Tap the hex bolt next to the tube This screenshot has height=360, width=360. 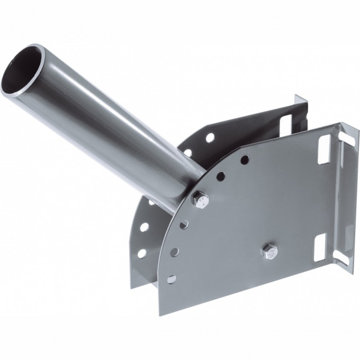tap(200, 200)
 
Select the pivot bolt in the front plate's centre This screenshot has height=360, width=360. tap(269, 251)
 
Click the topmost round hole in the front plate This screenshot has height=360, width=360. tap(245, 159)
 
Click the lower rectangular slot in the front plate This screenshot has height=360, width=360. tap(320, 248)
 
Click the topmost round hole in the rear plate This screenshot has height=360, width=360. tap(210, 137)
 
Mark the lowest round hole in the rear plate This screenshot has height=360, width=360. tap(142, 253)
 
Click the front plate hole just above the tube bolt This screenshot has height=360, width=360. tap(221, 175)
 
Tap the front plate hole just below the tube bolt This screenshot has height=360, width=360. tap(183, 225)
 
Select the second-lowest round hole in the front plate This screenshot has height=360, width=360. tap(175, 252)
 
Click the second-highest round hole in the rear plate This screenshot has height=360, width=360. tap(188, 153)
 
